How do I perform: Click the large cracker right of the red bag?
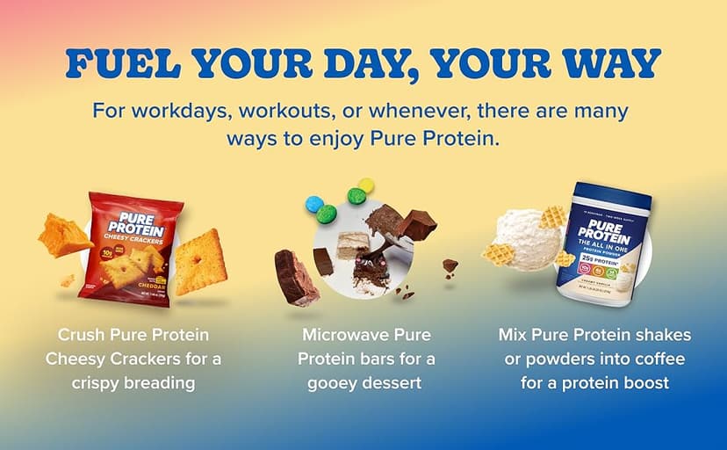point(201,262)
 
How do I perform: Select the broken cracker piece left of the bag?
point(64,235)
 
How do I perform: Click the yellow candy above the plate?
point(365,185)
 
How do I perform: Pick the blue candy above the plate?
point(313,205)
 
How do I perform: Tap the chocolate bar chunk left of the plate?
point(295,277)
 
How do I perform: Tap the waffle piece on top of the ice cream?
point(552,216)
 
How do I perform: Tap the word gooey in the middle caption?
point(328,382)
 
